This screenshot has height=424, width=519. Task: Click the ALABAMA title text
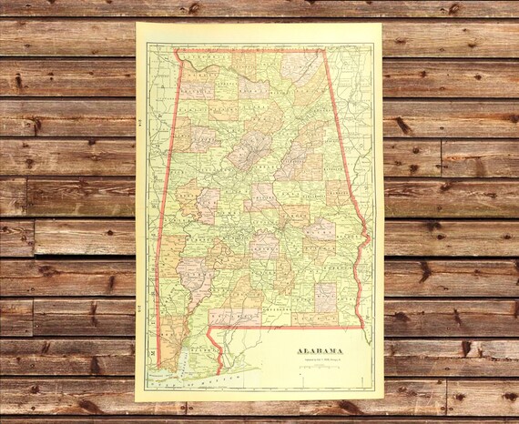[318, 350]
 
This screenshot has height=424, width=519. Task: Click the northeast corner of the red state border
[323, 50]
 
